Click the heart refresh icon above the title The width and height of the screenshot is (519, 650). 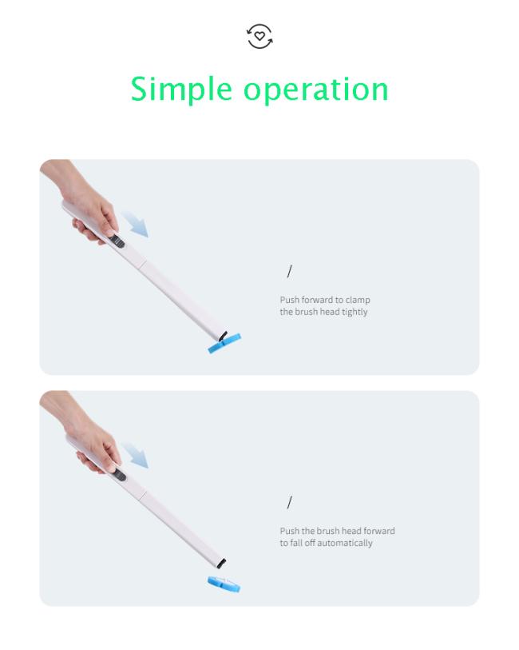click(259, 36)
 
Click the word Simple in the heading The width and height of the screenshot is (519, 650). click(181, 90)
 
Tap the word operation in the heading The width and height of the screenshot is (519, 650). click(315, 90)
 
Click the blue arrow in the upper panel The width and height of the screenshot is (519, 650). click(135, 224)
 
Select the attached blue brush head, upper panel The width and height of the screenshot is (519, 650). click(224, 344)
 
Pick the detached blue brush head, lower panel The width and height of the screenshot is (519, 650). click(224, 584)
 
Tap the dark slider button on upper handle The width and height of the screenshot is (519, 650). click(117, 241)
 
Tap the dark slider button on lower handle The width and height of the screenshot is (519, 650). click(120, 475)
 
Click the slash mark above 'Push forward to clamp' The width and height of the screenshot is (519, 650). click(289, 272)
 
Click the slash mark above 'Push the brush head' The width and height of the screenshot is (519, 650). click(289, 502)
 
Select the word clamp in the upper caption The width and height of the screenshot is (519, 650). click(358, 300)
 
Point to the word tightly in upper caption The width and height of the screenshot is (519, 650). click(355, 312)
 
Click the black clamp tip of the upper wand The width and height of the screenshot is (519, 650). click(223, 335)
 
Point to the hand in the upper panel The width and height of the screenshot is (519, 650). click(83, 203)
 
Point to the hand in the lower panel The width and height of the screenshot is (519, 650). click(85, 435)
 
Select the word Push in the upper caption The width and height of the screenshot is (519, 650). click(289, 300)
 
